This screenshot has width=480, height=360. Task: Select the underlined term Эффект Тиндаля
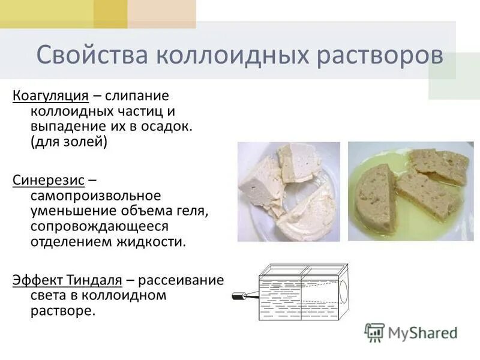tap(67, 280)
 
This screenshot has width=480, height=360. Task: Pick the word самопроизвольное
tap(96, 196)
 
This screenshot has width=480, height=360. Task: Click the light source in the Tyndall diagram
tap(242, 296)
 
